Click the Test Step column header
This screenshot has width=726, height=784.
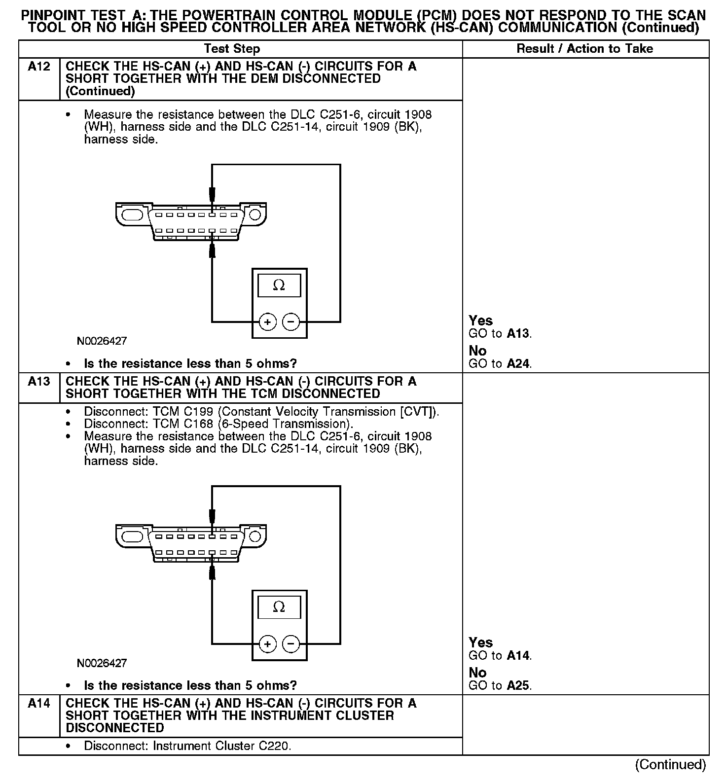click(232, 49)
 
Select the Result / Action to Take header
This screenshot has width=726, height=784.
click(584, 49)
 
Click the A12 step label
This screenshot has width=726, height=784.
click(39, 67)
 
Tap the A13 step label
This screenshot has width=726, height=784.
click(39, 382)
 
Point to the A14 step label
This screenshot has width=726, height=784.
click(39, 704)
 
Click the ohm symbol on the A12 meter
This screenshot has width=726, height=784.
click(279, 285)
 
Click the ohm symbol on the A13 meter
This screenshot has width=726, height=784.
click(279, 607)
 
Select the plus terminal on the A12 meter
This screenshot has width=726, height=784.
click(267, 322)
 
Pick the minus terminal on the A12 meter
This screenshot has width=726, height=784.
click(291, 322)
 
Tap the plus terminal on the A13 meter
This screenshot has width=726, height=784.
click(267, 644)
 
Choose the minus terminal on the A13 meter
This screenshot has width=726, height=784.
click(291, 644)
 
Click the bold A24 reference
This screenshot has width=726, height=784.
click(519, 364)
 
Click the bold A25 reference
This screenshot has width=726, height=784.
click(519, 686)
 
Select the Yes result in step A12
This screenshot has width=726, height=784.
click(480, 321)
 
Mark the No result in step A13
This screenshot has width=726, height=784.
click(477, 673)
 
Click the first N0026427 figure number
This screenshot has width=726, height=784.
click(102, 341)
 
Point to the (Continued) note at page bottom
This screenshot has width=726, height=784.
click(670, 765)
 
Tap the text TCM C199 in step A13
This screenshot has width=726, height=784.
click(173, 412)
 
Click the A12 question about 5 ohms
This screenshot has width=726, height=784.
click(190, 364)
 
